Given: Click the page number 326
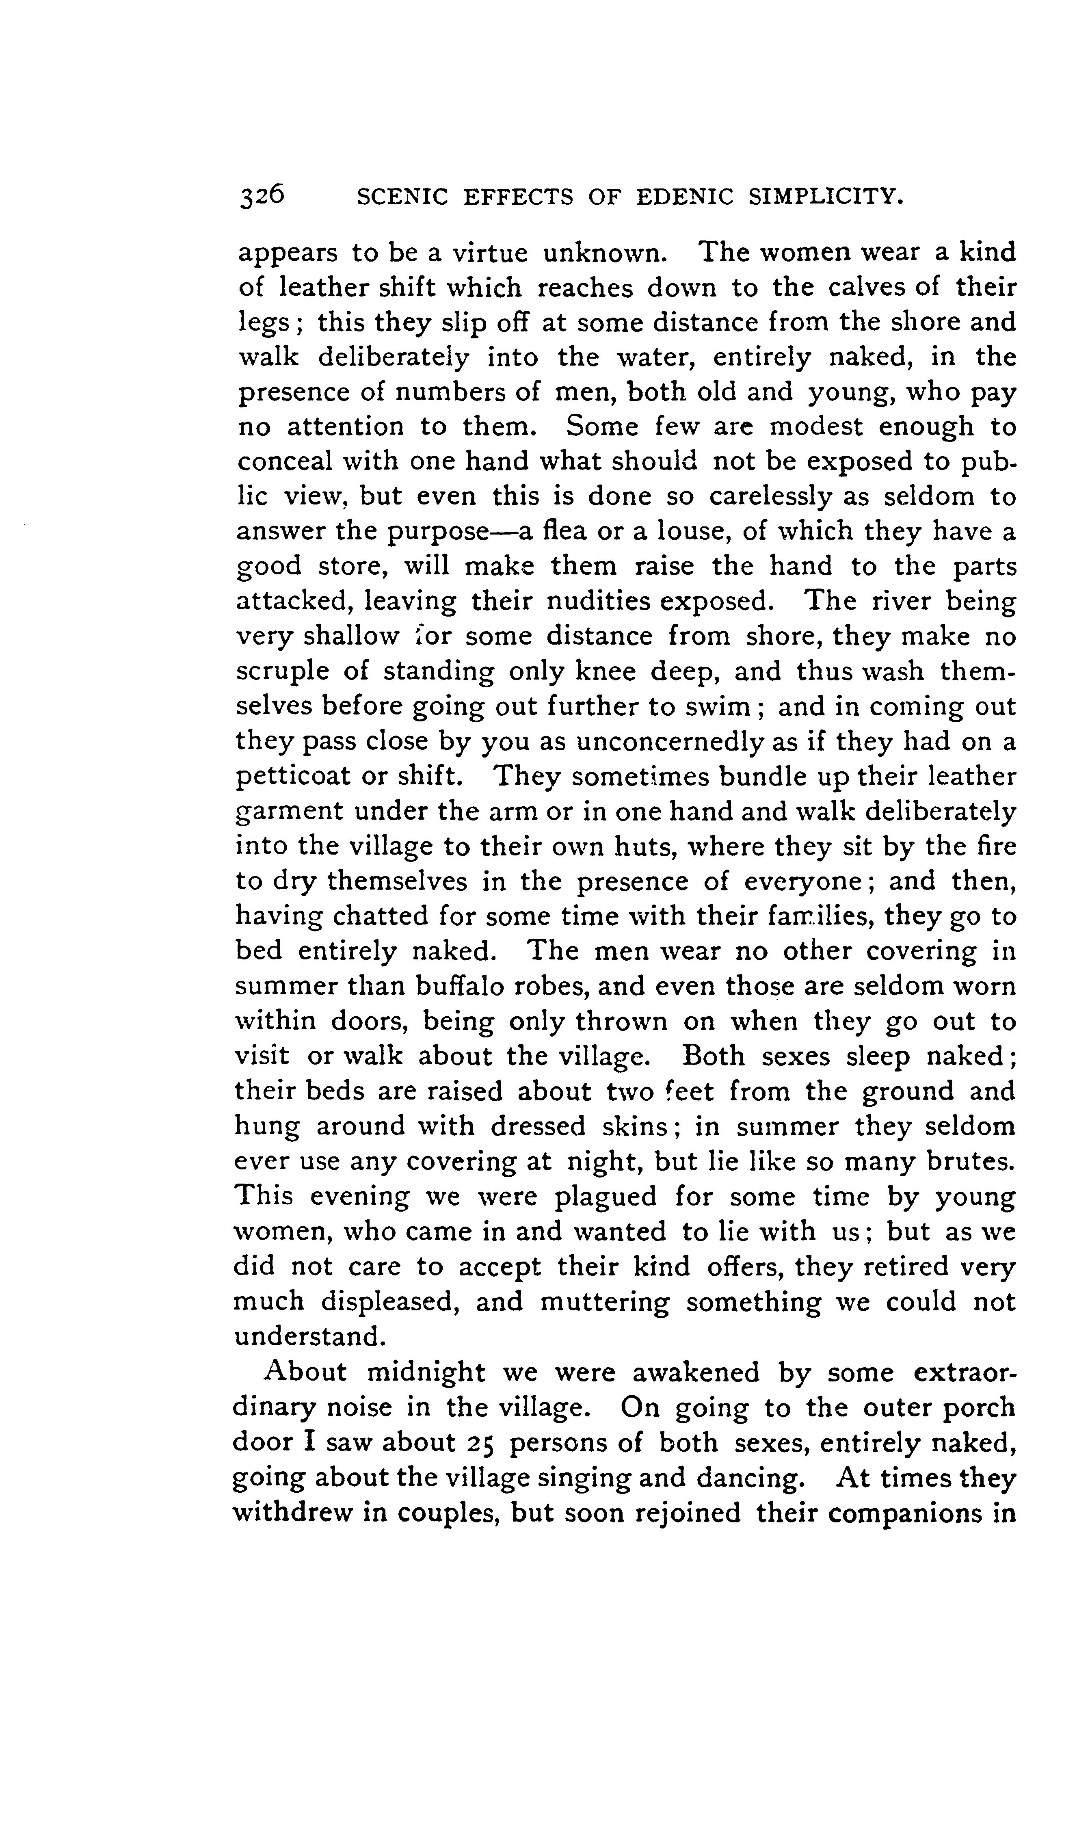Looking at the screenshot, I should tap(261, 197).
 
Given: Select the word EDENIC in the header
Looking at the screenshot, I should tap(684, 197).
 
